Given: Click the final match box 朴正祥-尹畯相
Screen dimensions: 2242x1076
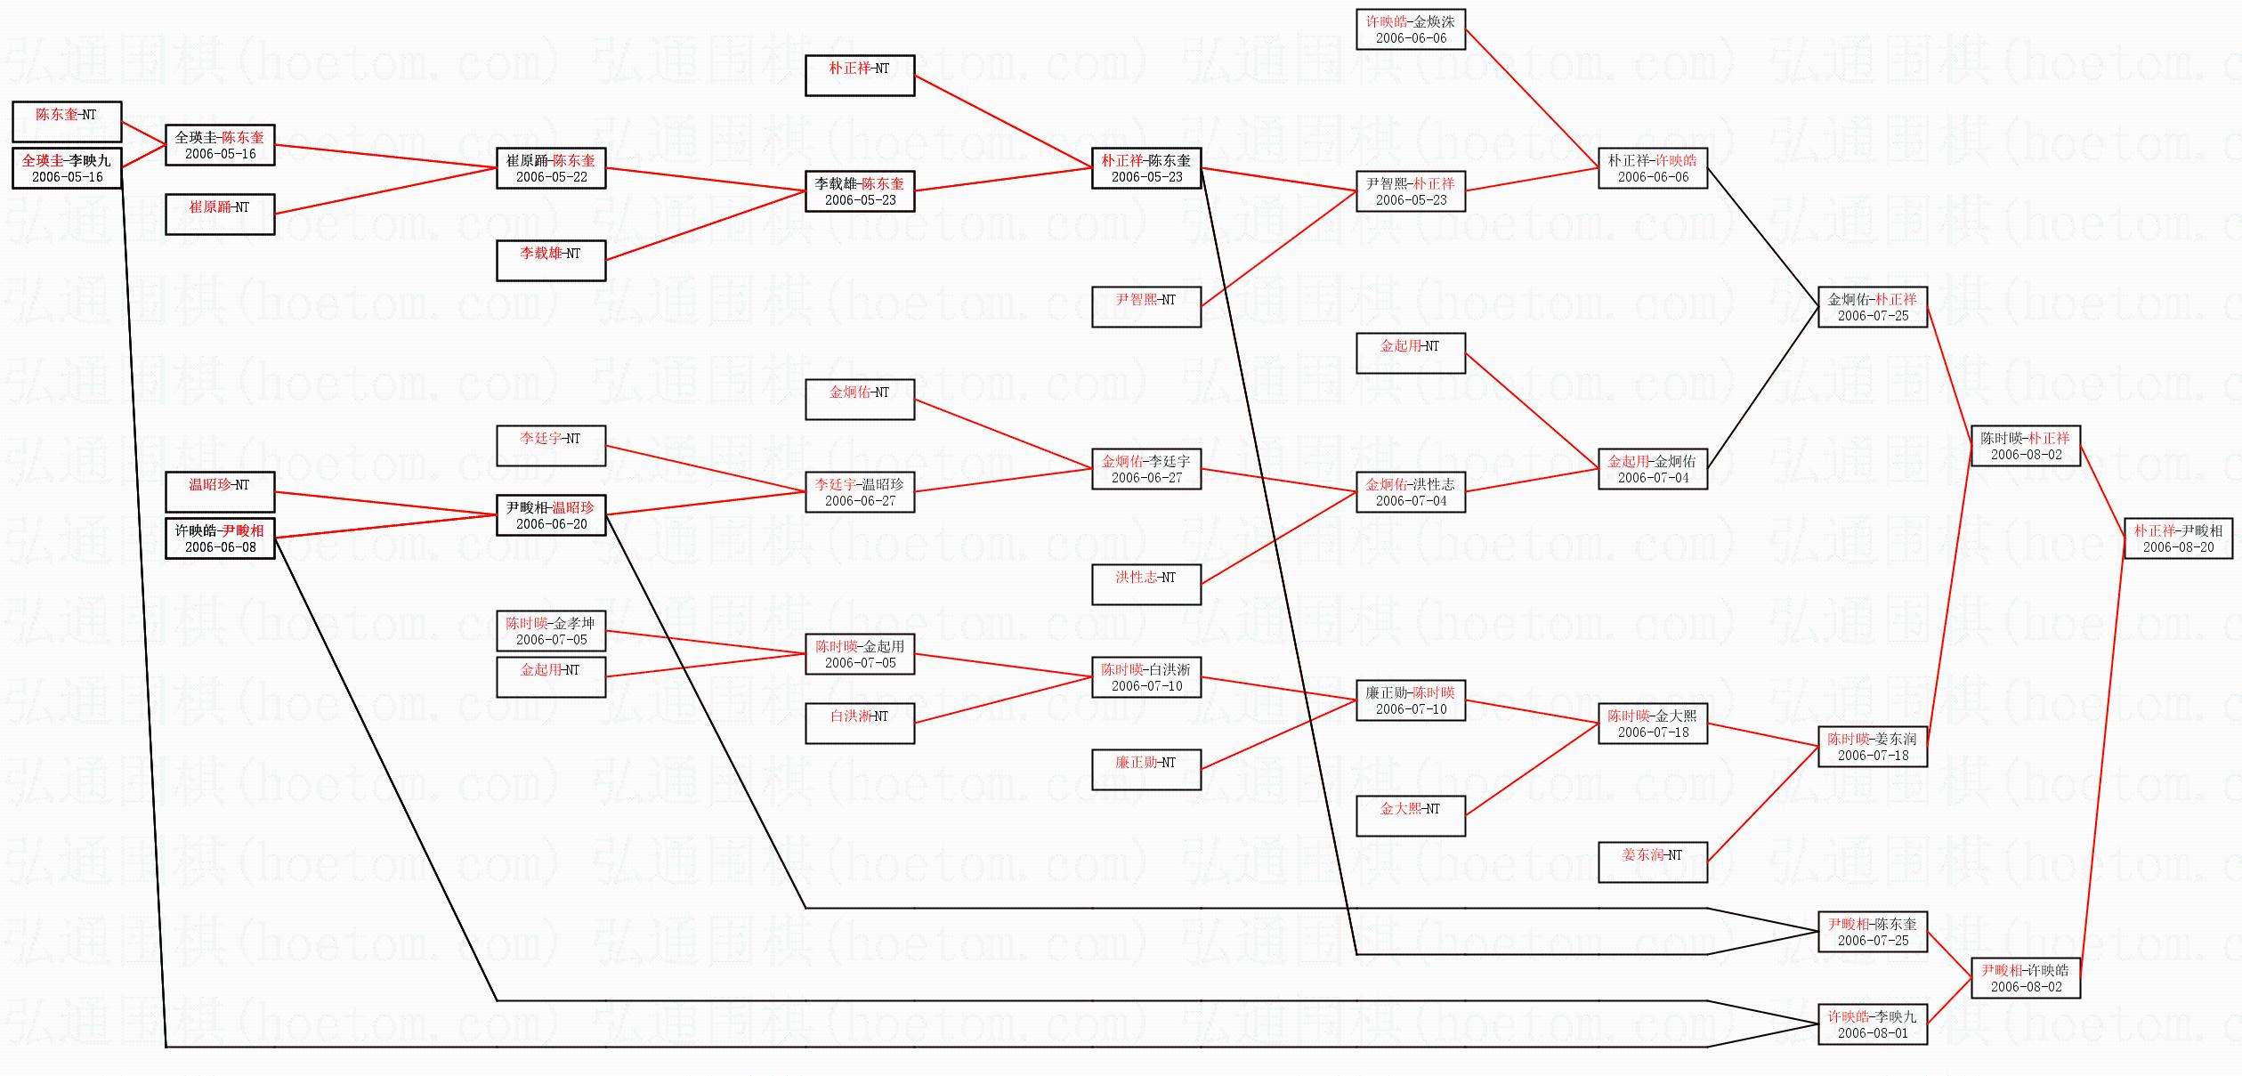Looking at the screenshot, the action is pos(2178,538).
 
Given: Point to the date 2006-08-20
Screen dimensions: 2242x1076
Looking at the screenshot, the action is pos(2178,547).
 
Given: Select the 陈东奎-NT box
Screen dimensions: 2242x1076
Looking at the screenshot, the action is pos(67,121).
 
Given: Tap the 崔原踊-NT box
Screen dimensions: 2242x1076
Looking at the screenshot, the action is pos(220,214).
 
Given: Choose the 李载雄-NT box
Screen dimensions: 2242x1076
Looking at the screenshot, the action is pos(551,260).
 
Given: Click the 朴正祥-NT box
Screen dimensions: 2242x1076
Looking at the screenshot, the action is pos(860,75).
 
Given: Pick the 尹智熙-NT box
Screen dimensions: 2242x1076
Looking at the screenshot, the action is pos(1146,306).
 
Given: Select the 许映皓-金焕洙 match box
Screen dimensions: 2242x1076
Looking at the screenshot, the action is pos(1411,28).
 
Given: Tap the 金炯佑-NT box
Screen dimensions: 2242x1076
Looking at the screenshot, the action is pos(860,399).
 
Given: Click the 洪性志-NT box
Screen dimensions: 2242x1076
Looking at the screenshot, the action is pos(1146,584).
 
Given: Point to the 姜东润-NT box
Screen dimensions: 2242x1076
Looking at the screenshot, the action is pos(1653,862).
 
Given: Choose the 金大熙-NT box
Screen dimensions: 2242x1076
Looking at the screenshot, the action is pos(1411,815).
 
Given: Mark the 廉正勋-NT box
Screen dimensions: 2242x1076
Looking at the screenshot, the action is pos(1146,769).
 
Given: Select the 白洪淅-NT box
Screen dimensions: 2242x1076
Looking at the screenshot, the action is pos(860,723).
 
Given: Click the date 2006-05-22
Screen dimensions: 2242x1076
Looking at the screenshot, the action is pos(551,177).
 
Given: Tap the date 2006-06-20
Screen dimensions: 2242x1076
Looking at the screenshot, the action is pos(551,524).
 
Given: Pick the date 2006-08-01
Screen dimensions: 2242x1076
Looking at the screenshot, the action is pos(1873,1033).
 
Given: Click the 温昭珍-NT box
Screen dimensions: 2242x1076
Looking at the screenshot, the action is pos(220,491).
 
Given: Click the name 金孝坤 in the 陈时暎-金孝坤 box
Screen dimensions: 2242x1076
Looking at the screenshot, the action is pos(573,623).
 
